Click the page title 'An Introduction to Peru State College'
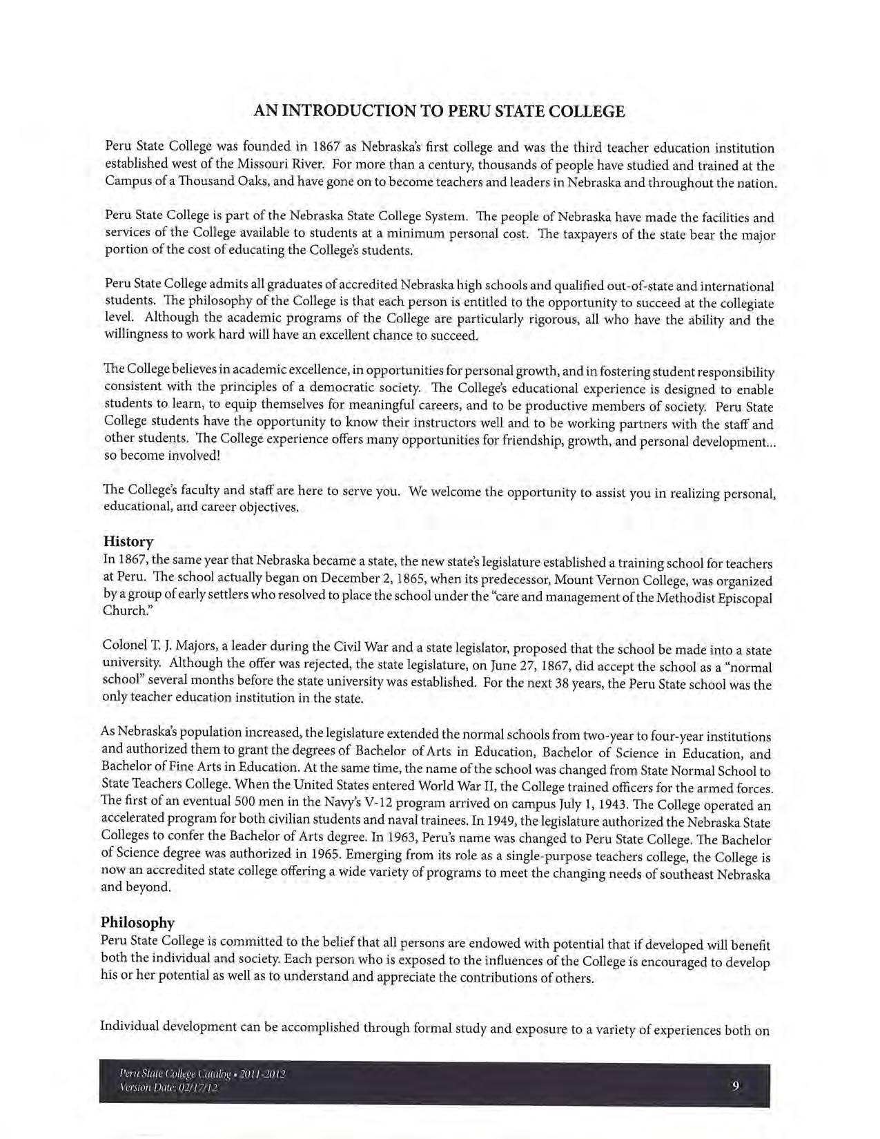coord(439,111)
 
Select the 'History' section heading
coord(128,541)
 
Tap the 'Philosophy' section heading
coord(137,922)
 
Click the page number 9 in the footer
coord(736,1085)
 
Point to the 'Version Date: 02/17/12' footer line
coord(168,1088)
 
